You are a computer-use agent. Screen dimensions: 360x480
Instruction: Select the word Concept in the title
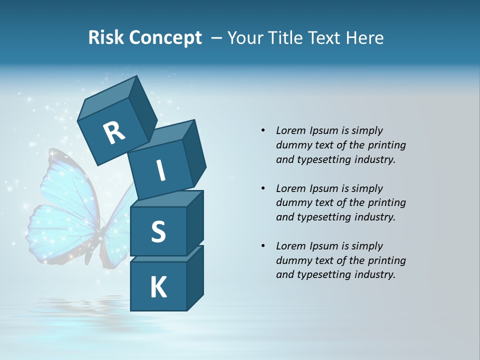click(x=165, y=38)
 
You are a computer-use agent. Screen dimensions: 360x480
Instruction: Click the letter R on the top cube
click(x=114, y=133)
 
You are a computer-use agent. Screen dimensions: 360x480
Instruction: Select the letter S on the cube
click(x=158, y=231)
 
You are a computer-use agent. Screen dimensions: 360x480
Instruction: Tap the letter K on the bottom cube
click(x=158, y=287)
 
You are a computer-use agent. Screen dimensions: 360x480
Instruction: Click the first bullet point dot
click(x=263, y=130)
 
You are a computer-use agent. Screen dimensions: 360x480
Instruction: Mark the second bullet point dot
click(x=263, y=188)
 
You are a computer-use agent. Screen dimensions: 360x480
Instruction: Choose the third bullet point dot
click(x=263, y=246)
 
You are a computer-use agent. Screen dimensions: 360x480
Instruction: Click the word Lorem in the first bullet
click(x=290, y=130)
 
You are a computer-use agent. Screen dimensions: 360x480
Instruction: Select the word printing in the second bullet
click(x=386, y=203)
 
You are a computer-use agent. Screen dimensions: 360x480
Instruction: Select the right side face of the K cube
click(x=195, y=277)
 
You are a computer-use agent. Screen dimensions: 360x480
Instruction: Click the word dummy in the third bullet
click(x=292, y=260)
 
